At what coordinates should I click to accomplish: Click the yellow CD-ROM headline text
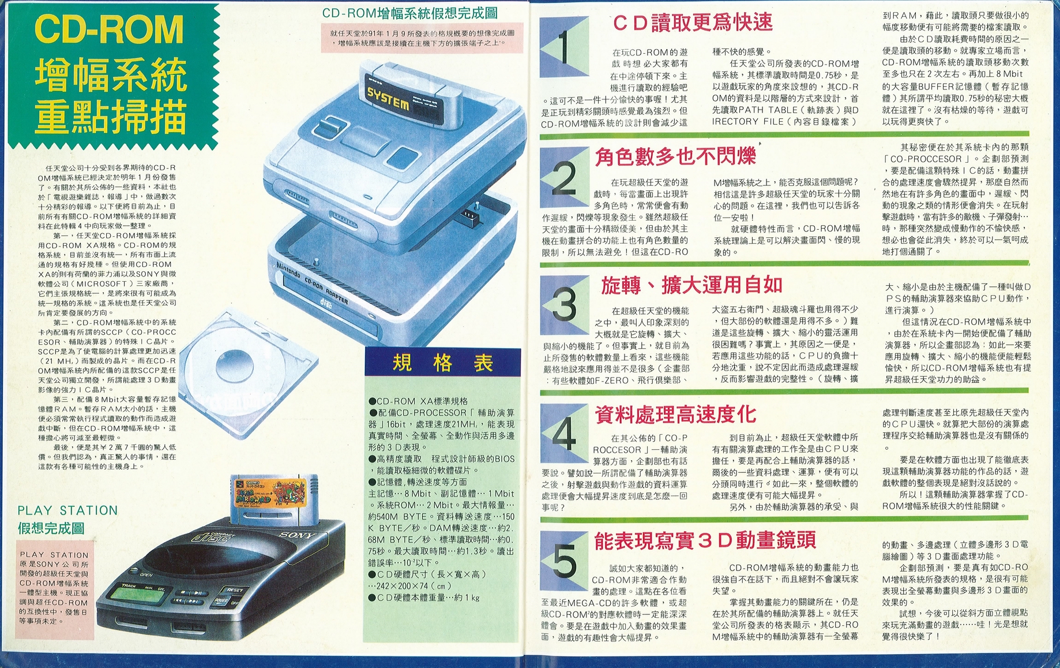click(109, 29)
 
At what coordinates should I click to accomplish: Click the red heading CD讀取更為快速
click(692, 23)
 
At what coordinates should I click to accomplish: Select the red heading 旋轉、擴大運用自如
click(691, 285)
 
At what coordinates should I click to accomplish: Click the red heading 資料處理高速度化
click(675, 413)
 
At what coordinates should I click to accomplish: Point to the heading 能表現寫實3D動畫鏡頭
click(705, 540)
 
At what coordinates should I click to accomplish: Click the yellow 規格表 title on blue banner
click(442, 363)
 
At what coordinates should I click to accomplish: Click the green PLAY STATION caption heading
click(67, 510)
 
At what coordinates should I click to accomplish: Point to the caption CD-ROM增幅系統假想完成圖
click(409, 13)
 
